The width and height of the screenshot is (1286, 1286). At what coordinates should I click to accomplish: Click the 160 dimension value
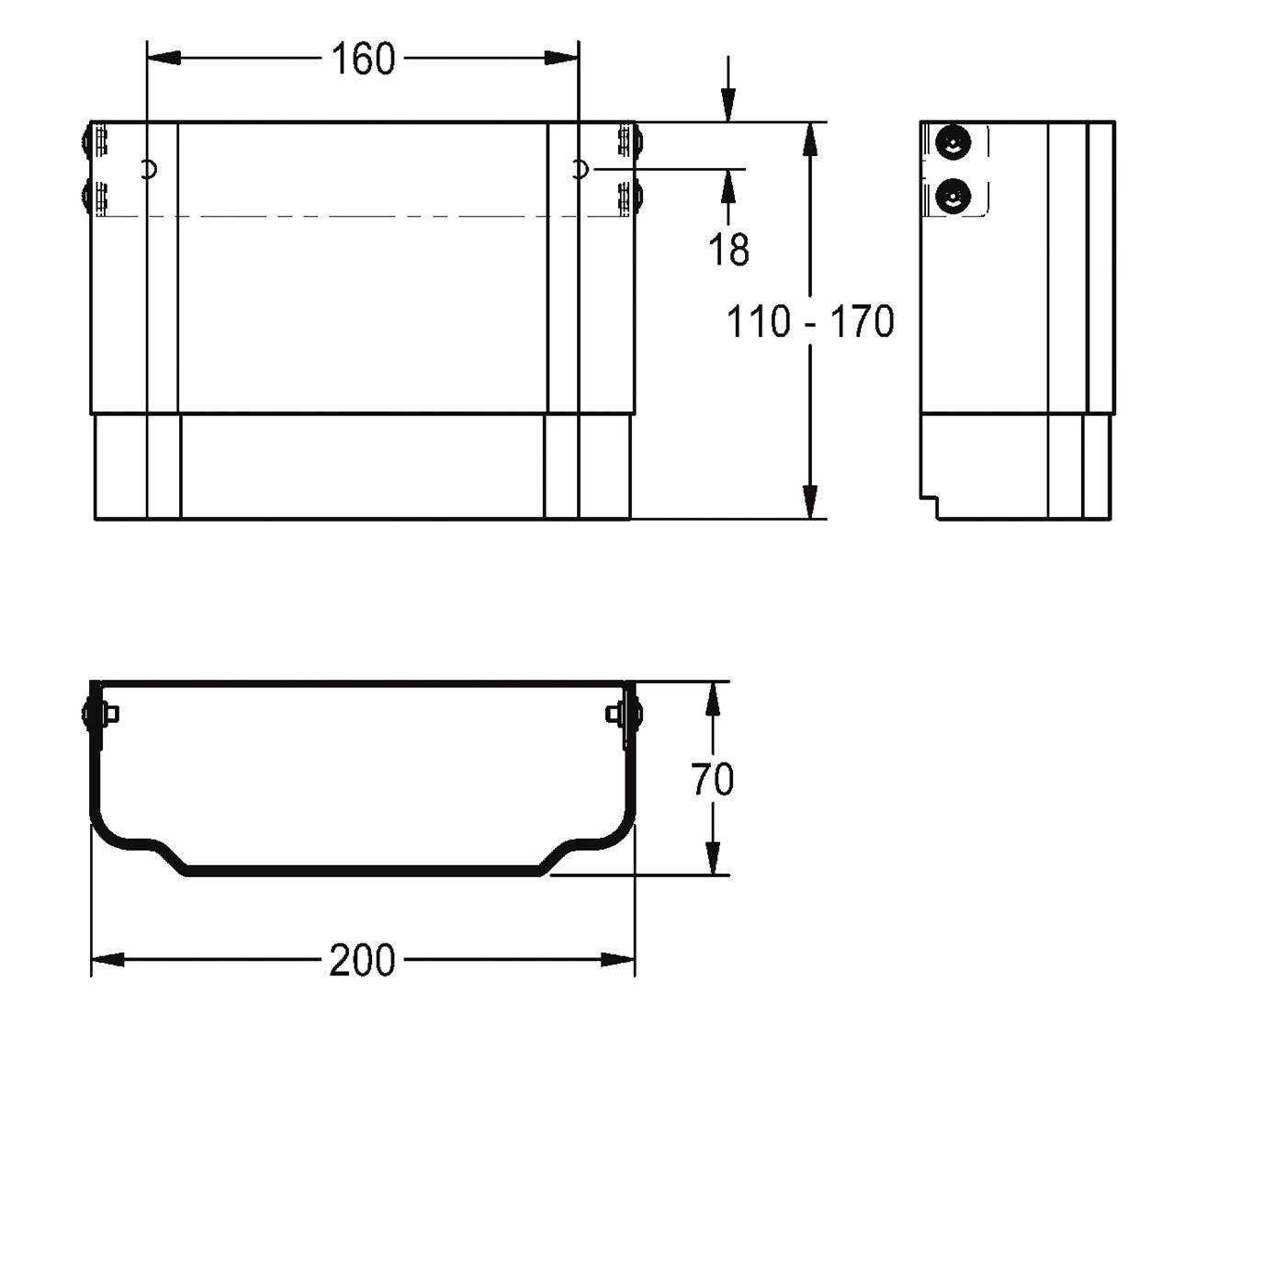(363, 59)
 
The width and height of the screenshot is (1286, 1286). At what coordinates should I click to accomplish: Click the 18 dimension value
(728, 250)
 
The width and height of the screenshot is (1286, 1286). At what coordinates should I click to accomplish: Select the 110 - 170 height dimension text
(809, 321)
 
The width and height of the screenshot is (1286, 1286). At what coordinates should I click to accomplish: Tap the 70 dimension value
(712, 779)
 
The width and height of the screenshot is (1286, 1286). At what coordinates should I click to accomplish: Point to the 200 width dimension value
(362, 960)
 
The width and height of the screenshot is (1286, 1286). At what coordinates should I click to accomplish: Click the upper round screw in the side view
(953, 142)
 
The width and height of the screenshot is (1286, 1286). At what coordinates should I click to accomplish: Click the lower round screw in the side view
(953, 197)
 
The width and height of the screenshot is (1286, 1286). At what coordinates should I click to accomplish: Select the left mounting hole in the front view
(149, 170)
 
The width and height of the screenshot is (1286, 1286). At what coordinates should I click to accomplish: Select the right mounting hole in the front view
(581, 170)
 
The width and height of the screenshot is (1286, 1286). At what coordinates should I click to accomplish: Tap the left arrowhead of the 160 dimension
(164, 59)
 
